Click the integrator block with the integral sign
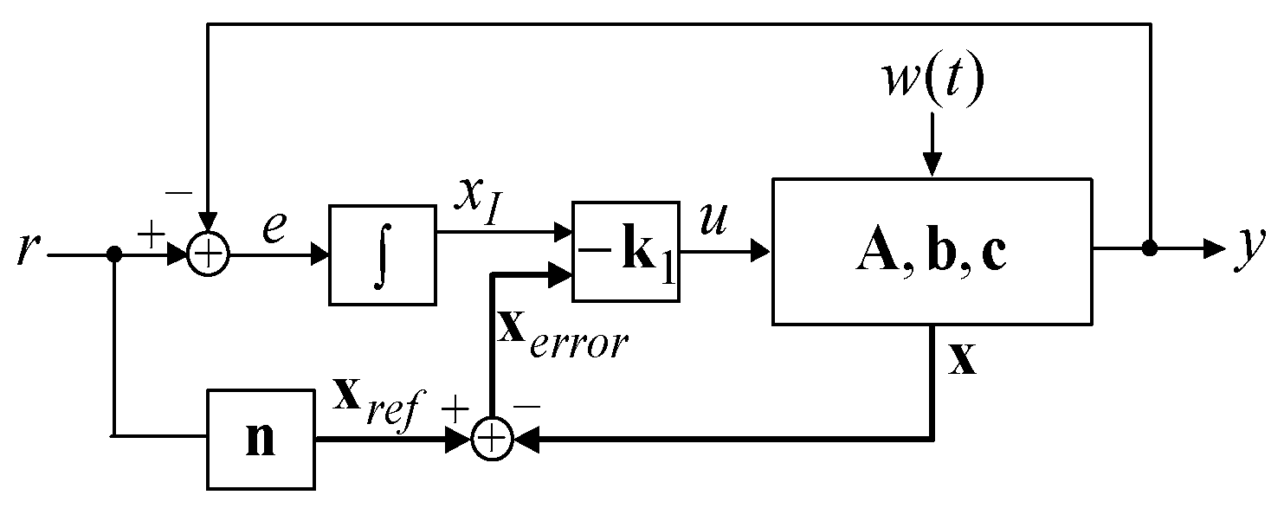point(381,254)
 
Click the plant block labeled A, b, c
point(932,252)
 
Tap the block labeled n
point(261,439)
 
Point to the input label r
point(28,252)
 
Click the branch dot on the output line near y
point(1150,249)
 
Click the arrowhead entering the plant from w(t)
point(932,165)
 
